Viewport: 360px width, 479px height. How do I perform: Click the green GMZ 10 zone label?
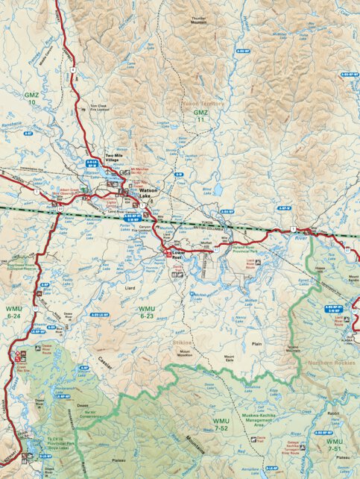31,98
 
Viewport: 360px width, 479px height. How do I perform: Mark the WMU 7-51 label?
335,445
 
